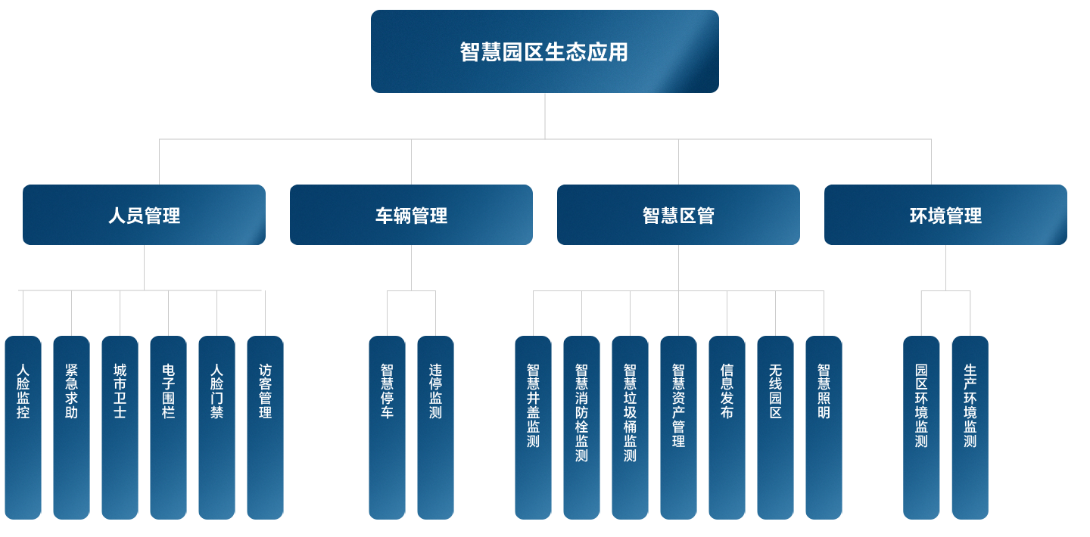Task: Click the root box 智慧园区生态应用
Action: click(544, 51)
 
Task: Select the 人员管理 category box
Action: click(144, 215)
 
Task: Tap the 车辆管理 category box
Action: click(411, 215)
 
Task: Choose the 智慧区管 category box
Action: click(678, 215)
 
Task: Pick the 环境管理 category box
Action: click(945, 215)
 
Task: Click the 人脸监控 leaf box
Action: click(23, 427)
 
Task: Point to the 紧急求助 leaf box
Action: click(71, 427)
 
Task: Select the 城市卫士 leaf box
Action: click(120, 427)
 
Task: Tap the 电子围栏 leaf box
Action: click(168, 427)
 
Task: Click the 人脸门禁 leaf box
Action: click(216, 427)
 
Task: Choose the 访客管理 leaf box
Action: click(265, 427)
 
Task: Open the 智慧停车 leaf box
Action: click(387, 427)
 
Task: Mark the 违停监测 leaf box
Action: click(435, 427)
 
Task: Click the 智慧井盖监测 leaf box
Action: click(533, 427)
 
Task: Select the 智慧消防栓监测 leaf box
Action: click(581, 427)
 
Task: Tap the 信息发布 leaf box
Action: click(727, 427)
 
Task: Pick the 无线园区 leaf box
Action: click(775, 427)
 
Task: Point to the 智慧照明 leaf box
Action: click(824, 427)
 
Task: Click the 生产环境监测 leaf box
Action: click(970, 427)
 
